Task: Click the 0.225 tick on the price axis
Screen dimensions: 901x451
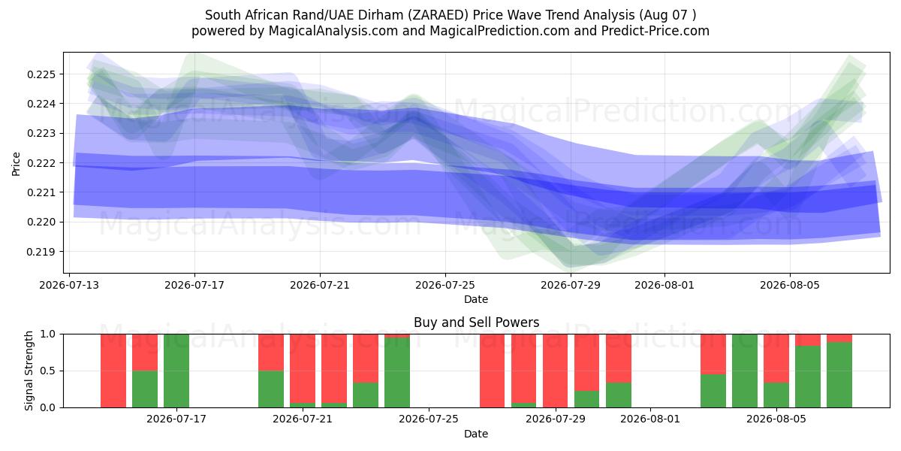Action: point(41,74)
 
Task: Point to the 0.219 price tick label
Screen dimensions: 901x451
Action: point(41,252)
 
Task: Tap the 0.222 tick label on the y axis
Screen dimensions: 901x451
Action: point(41,163)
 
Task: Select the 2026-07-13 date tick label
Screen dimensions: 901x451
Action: point(69,286)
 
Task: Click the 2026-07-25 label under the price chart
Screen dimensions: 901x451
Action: point(444,286)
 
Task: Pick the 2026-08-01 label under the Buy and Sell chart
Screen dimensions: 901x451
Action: point(650,419)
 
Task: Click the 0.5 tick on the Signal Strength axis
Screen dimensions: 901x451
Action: point(49,371)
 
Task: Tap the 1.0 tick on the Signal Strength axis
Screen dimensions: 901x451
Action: point(49,334)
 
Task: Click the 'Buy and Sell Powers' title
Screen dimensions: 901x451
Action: point(476,322)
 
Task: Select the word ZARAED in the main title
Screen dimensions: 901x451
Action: point(441,15)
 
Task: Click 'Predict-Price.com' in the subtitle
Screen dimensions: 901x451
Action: point(655,31)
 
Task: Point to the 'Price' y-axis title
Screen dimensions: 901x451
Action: point(16,164)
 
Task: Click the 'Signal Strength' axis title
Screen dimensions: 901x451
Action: point(29,371)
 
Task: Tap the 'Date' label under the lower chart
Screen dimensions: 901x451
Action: point(476,434)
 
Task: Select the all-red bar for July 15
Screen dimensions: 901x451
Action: point(113,371)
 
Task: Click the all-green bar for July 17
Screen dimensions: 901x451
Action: point(176,371)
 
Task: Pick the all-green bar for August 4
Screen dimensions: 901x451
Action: point(745,371)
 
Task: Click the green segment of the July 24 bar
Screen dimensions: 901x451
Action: point(397,373)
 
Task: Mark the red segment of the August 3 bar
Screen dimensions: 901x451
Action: point(713,354)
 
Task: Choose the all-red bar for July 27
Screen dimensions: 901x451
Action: point(492,371)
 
